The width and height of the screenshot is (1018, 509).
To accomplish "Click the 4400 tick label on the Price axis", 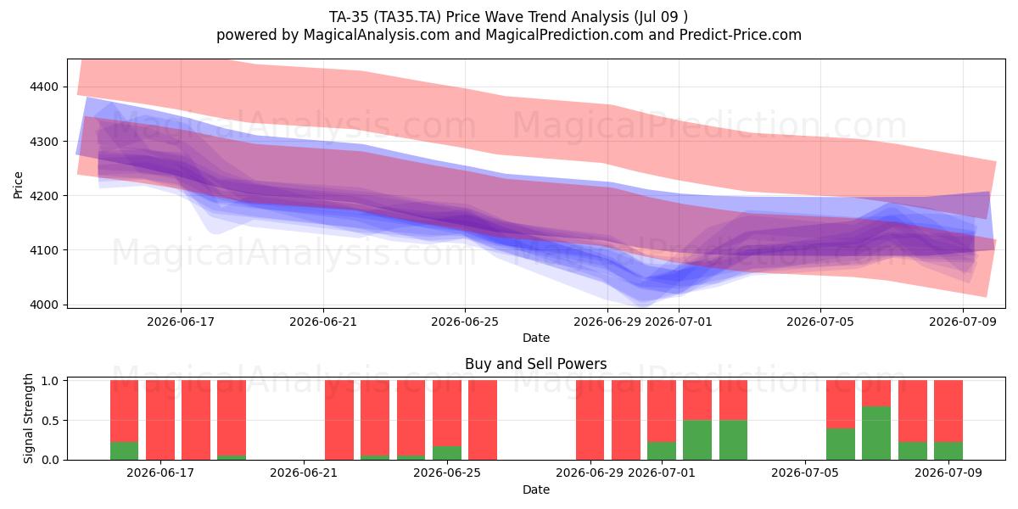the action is pyautogui.click(x=44, y=87).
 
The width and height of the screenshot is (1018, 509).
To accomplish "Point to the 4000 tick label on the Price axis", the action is pyautogui.click(x=44, y=305).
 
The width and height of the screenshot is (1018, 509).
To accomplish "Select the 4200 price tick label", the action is pyautogui.click(x=44, y=196).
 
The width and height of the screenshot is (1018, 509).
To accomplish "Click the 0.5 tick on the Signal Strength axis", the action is pyautogui.click(x=50, y=421).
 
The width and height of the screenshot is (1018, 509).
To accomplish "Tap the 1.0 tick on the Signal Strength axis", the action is pyautogui.click(x=50, y=381).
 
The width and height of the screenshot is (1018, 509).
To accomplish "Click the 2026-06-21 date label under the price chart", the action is pyautogui.click(x=323, y=322).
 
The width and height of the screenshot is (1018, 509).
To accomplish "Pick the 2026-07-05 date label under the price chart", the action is pyautogui.click(x=820, y=322).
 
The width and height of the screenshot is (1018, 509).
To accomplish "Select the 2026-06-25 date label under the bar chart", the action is pyautogui.click(x=447, y=473).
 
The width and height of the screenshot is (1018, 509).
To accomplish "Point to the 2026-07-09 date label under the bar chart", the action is pyautogui.click(x=948, y=473).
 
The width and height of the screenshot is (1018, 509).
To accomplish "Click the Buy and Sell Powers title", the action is pyautogui.click(x=536, y=364).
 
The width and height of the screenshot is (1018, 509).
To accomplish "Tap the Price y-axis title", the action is pyautogui.click(x=18, y=185).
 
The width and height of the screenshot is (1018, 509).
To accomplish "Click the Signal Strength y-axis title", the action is pyautogui.click(x=28, y=418).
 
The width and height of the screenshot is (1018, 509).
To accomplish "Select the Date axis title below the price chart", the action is pyautogui.click(x=536, y=338).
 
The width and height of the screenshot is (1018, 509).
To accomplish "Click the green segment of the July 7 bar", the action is pyautogui.click(x=875, y=433).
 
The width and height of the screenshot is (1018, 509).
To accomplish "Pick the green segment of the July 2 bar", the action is pyautogui.click(x=697, y=440).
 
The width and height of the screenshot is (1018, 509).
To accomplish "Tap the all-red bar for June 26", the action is pyautogui.click(x=483, y=420).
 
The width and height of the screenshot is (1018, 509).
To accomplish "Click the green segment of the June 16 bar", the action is pyautogui.click(x=124, y=450).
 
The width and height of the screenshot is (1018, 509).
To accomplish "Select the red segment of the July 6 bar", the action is pyautogui.click(x=841, y=404).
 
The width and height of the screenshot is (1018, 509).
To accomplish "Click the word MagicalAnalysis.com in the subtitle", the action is pyautogui.click(x=377, y=35).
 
